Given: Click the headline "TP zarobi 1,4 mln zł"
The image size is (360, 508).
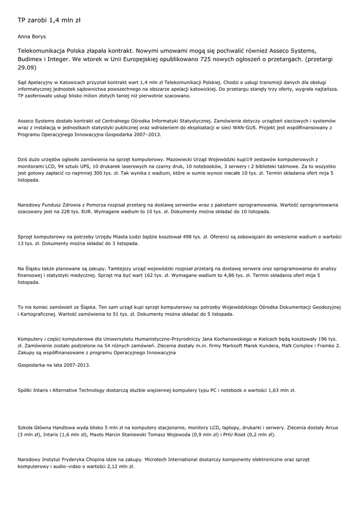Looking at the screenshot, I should (x=49, y=20).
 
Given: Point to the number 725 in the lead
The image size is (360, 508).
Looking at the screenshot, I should (x=208, y=59).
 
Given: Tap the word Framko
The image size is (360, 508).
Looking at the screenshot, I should (x=326, y=346).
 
